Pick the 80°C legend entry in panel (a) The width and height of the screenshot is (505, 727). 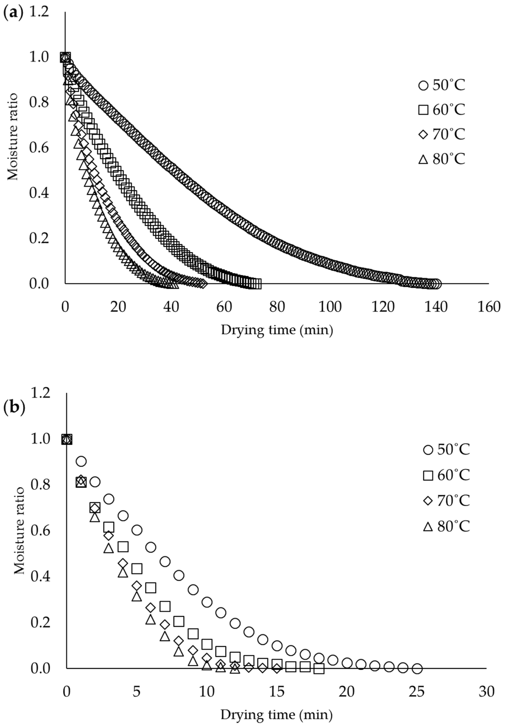pos(442,159)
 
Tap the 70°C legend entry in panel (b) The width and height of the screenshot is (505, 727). pos(447,501)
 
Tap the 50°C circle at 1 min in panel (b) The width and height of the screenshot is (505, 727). pos(81,461)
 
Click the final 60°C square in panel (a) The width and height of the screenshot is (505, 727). pos(258,284)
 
